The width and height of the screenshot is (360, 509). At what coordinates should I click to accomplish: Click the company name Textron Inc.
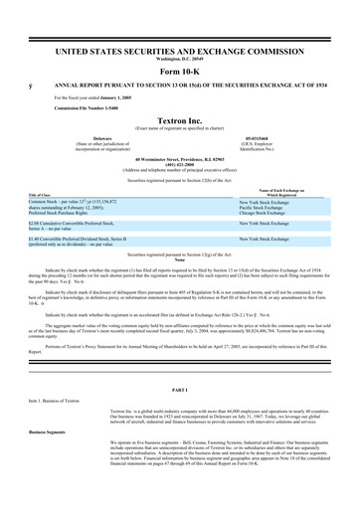coord(180,118)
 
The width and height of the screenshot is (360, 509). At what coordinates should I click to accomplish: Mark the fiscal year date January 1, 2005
coord(118,97)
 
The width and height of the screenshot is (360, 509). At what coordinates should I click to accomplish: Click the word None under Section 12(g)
coord(180,259)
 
